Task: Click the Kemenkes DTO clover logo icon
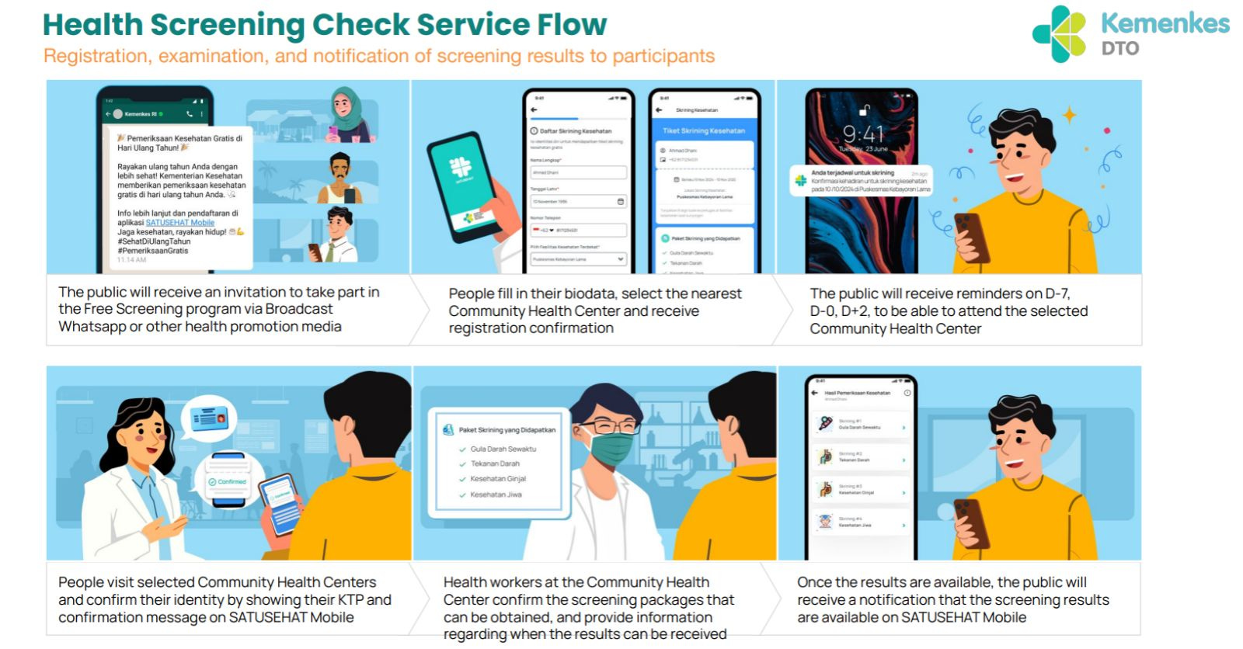point(1059,34)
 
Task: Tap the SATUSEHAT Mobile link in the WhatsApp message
point(179,223)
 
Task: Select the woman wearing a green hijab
point(347,113)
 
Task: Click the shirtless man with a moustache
point(341,177)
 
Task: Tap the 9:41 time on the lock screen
point(862,134)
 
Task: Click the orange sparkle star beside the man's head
point(1070,116)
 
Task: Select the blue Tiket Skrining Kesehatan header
point(704,130)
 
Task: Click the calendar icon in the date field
point(620,202)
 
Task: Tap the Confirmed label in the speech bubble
point(228,482)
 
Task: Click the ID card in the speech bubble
point(209,418)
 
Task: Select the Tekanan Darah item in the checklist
point(495,463)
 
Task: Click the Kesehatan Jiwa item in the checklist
point(496,495)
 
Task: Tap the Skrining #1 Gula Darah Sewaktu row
point(860,425)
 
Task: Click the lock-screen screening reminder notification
point(861,181)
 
